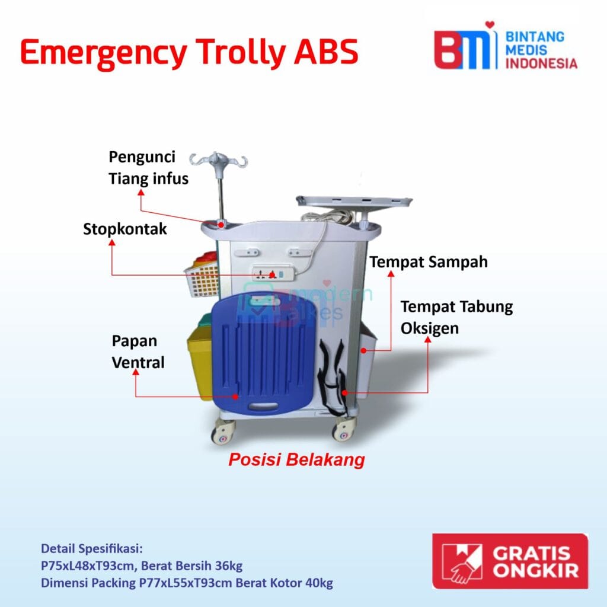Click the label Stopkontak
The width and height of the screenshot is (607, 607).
[124, 229]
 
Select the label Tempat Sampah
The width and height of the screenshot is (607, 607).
[429, 261]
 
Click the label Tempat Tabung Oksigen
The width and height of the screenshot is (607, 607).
[456, 317]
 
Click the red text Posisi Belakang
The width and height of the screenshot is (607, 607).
[296, 460]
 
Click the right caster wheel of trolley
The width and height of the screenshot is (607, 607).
[344, 429]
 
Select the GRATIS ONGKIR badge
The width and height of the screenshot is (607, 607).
[509, 560]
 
